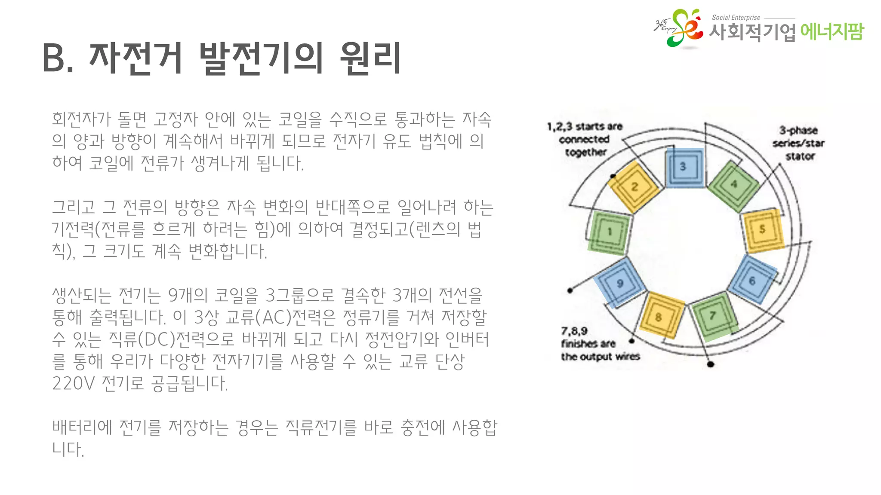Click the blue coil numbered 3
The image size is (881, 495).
684,167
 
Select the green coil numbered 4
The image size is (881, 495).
733,185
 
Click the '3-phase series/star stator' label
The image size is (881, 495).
798,143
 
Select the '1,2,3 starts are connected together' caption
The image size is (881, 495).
585,139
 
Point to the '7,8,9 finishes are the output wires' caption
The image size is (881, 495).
600,344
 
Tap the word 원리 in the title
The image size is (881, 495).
370,58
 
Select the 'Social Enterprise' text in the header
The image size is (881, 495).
736,18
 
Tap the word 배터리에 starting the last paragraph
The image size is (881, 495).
82,427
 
